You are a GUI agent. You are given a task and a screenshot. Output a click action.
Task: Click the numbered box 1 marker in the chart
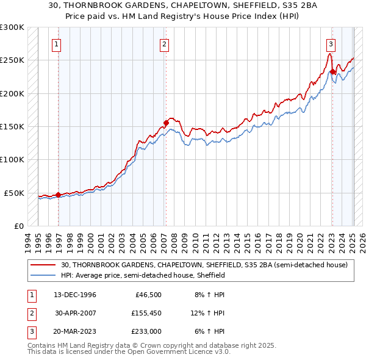pos(56,43)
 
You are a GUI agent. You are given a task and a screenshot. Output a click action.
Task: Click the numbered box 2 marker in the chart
pos(165,43)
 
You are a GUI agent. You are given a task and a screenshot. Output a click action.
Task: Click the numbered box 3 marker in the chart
pos(331,43)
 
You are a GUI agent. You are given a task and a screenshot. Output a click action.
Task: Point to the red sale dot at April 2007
pos(166,123)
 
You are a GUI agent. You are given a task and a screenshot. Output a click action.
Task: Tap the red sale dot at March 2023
pos(332,72)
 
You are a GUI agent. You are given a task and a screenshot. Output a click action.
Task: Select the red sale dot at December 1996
pos(59,195)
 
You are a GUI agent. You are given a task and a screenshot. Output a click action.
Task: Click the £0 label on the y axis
pos(18,226)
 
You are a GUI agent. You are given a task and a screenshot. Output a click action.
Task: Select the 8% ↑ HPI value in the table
pos(211,295)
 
